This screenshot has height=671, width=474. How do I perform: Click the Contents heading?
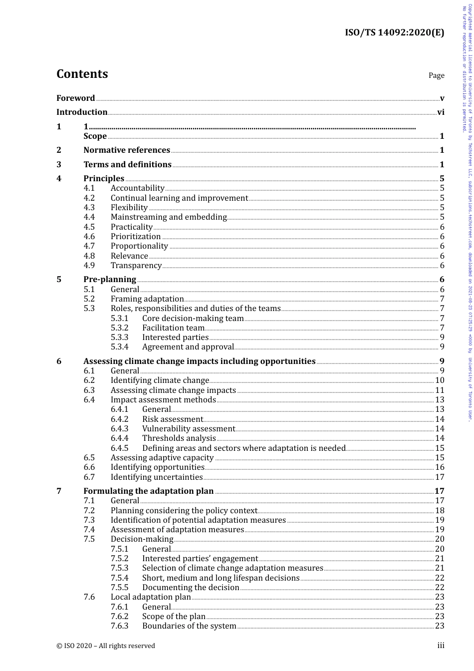point(82,74)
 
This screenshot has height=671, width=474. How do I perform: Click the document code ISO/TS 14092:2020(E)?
point(394,33)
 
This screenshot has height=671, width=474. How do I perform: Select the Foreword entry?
point(75,98)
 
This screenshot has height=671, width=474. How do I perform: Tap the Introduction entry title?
point(82,112)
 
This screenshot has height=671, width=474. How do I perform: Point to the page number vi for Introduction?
point(441,112)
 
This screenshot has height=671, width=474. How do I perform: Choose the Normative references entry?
point(127,150)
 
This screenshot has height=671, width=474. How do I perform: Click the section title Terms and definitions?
point(127,164)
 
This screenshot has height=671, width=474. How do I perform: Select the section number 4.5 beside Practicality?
point(89,227)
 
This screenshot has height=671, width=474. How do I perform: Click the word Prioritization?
point(136,236)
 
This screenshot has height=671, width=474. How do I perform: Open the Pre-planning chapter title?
point(110,279)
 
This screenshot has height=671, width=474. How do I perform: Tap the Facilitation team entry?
point(173,328)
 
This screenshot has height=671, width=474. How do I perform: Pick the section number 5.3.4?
point(119,346)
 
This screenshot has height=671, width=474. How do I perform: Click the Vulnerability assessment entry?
point(188,428)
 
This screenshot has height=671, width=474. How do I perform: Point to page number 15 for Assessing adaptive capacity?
point(440,457)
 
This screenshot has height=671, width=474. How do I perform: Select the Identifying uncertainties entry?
point(157,477)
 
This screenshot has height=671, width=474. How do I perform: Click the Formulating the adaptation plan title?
point(148,491)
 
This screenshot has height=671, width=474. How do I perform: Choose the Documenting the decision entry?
point(191,587)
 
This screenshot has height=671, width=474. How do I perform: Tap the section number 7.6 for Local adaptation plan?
point(89,597)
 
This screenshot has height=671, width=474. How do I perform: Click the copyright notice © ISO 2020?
point(105,646)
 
